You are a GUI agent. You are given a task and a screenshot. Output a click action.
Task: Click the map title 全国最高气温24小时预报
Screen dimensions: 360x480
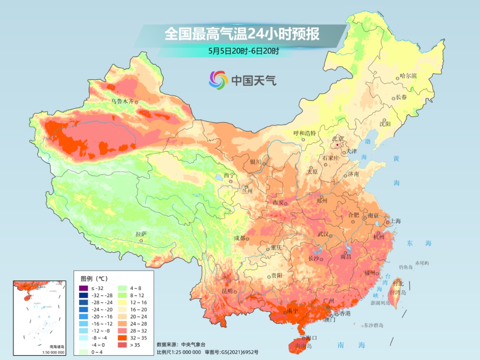point(242,34)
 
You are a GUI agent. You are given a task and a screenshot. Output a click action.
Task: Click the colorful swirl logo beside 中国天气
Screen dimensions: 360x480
point(218,80)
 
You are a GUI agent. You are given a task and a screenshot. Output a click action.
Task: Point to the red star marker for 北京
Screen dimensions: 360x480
point(338,145)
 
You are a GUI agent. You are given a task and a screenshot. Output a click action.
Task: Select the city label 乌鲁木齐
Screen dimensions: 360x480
point(122,101)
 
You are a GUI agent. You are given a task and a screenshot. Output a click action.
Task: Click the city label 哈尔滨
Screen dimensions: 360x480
point(408,76)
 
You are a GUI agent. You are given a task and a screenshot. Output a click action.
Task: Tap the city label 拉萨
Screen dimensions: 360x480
point(141,234)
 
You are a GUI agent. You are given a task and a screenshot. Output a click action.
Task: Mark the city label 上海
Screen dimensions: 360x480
point(395,221)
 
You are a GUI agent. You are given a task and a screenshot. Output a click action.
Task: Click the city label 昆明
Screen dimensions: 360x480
point(227,291)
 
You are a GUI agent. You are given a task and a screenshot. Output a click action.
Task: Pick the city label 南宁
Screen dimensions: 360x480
point(292,311)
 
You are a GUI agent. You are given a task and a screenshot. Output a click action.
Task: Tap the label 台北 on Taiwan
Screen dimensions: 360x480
point(398,283)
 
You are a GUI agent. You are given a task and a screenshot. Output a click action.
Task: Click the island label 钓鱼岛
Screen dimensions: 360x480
point(406,267)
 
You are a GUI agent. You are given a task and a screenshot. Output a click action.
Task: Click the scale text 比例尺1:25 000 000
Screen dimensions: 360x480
point(177,352)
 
